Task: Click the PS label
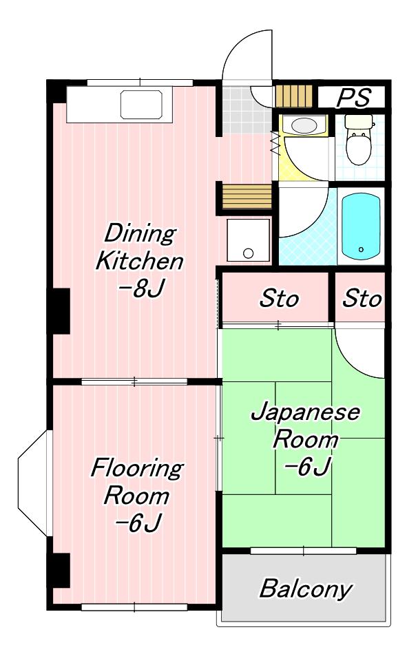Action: [x=353, y=98]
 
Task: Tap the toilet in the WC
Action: [x=359, y=139]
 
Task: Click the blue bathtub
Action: [x=361, y=226]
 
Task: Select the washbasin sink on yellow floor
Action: [x=304, y=125]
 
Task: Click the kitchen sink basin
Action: [x=141, y=104]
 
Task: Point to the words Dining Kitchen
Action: [x=140, y=247]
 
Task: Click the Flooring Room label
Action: [x=137, y=482]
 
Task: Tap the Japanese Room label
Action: [x=305, y=426]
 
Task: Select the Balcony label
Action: [x=306, y=589]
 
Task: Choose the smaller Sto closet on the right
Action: [x=360, y=297]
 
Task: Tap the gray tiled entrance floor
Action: [x=247, y=110]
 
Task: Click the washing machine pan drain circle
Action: [x=249, y=253]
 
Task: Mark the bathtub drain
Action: [x=361, y=250]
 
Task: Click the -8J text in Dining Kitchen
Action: [x=141, y=288]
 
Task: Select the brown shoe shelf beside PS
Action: [x=294, y=96]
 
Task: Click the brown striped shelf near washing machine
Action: [x=247, y=196]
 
